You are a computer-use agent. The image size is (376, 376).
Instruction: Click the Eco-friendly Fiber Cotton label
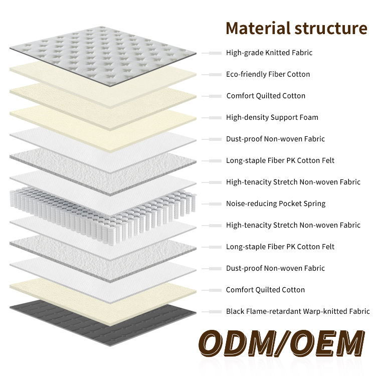(x=268, y=74)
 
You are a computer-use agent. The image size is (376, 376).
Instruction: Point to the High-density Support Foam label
(x=272, y=117)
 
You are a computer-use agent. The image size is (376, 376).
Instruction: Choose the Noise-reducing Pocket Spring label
(x=276, y=204)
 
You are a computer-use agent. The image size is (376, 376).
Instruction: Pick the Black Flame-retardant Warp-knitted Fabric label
(x=298, y=311)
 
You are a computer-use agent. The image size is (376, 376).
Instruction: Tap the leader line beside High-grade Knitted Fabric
(x=212, y=53)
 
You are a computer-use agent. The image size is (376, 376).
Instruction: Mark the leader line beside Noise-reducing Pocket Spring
(x=212, y=204)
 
